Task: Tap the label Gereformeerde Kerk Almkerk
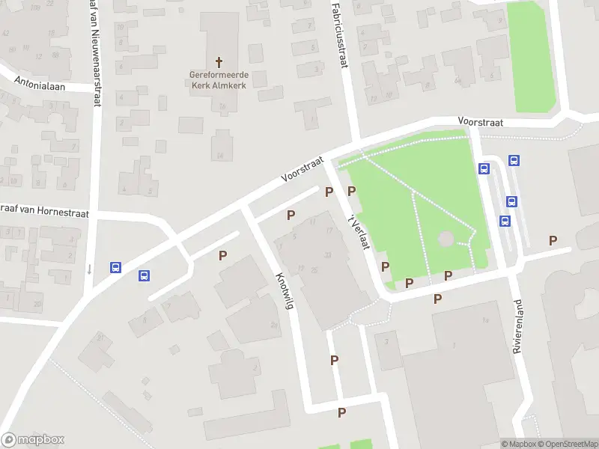point(219,80)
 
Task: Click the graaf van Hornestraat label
point(45,213)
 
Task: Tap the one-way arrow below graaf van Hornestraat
point(88,269)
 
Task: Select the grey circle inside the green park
point(446,239)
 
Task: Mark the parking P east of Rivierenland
point(553,240)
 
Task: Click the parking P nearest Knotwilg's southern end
point(341,412)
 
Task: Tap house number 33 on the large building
point(327,254)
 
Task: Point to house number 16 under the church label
point(223,106)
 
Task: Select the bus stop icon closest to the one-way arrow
point(115,267)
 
